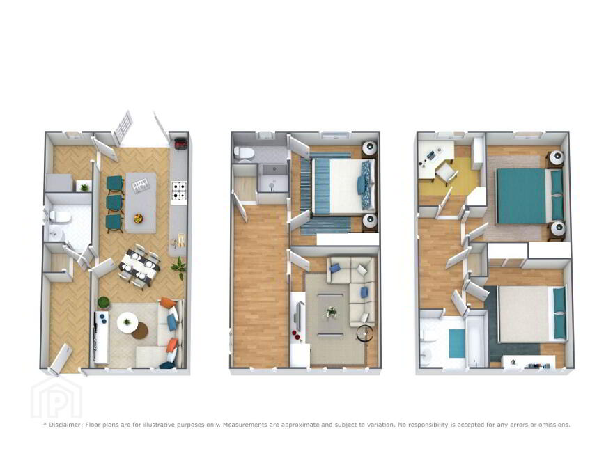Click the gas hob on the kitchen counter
[x=179, y=192]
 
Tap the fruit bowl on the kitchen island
[x=139, y=219]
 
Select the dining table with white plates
[x=139, y=267]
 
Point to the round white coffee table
[x=127, y=322]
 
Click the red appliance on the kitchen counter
[x=180, y=144]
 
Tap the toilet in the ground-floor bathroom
[x=60, y=216]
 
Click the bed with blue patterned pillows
[x=344, y=187]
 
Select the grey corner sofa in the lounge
[x=352, y=281]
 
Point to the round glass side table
[x=365, y=333]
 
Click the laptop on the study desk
[x=430, y=155]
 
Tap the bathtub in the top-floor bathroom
[x=476, y=338]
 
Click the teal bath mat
[x=457, y=343]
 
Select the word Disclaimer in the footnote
[x=65, y=425]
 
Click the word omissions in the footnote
[x=554, y=425]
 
